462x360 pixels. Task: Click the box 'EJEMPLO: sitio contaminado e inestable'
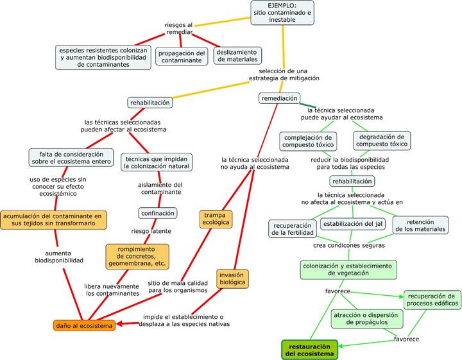pyautogui.click(x=282, y=13)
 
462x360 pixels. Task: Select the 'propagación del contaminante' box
pyautogui.click(x=182, y=56)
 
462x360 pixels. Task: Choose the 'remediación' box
pyautogui.click(x=279, y=98)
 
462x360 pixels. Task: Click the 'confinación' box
pyautogui.click(x=157, y=212)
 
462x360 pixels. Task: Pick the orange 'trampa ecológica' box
pyautogui.click(x=216, y=219)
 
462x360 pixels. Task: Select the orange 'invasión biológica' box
pyautogui.click(x=232, y=279)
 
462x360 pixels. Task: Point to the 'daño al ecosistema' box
pyautogui.click(x=84, y=325)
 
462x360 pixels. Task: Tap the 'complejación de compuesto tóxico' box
pyautogui.click(x=308, y=141)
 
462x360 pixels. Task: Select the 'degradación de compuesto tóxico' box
pyautogui.click(x=381, y=141)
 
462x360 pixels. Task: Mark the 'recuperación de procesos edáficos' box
pyautogui.click(x=432, y=300)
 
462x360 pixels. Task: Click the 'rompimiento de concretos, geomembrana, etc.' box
pyautogui.click(x=137, y=257)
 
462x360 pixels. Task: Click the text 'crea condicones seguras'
pyautogui.click(x=349, y=245)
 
